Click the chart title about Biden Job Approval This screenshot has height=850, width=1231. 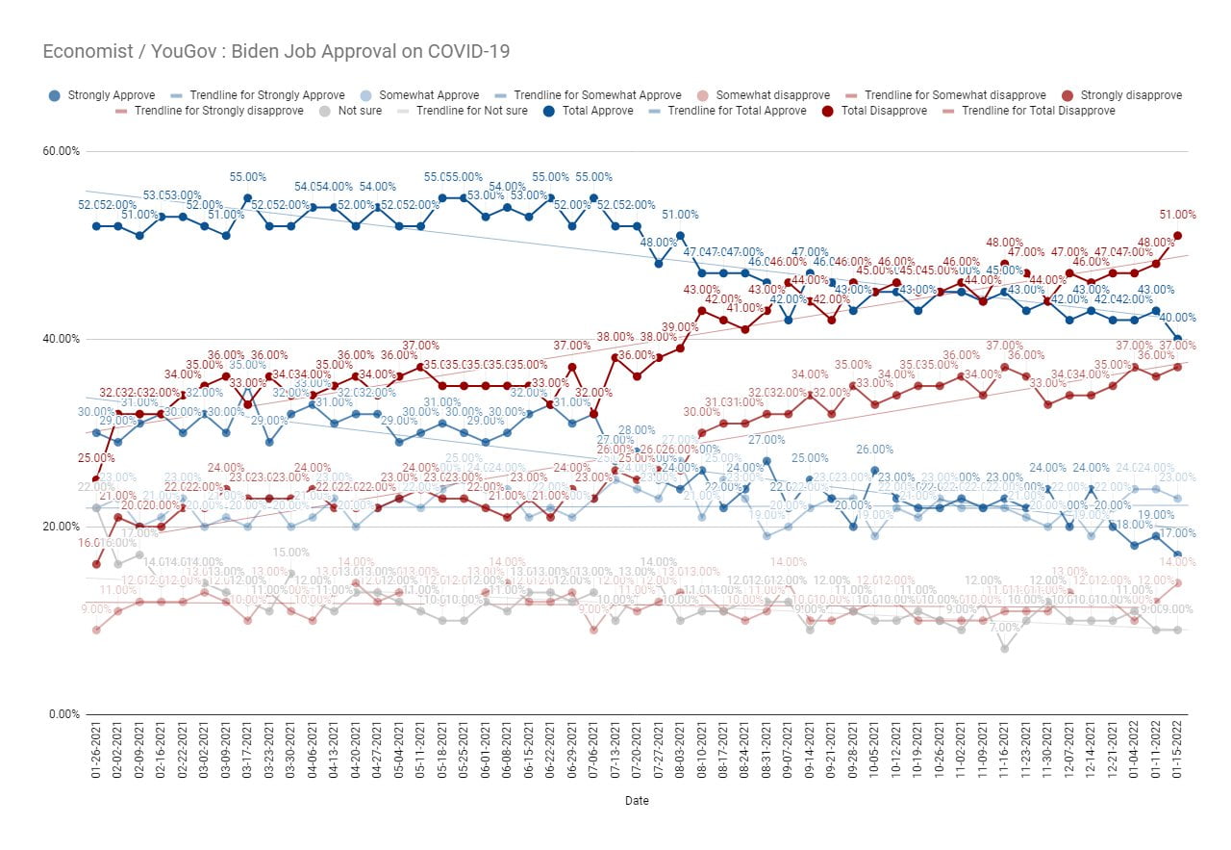(276, 52)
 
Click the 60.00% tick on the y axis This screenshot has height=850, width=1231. (61, 151)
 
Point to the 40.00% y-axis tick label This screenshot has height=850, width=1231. (61, 339)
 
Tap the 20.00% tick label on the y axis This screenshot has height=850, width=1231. (61, 527)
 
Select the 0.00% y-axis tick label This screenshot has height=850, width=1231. (63, 714)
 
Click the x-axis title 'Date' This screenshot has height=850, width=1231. (637, 801)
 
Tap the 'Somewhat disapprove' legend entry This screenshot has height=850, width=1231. (772, 95)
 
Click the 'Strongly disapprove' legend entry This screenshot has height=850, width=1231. (1131, 95)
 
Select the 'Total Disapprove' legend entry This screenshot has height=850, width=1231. (884, 111)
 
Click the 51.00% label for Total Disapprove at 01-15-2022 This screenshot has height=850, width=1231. (1177, 215)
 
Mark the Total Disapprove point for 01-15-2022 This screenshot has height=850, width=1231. (1177, 235)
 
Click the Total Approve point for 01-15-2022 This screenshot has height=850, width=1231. (1177, 339)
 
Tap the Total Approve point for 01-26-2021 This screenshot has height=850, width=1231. (96, 226)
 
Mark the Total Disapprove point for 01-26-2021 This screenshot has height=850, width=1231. (96, 479)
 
